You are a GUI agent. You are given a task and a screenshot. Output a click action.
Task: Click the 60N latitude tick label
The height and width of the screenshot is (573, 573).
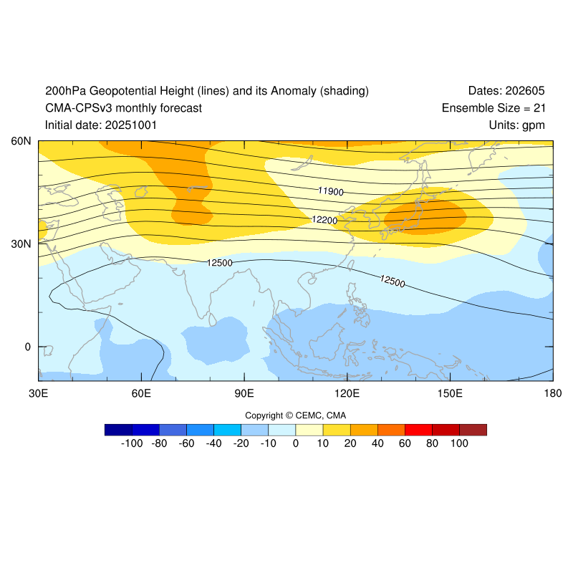[20, 141]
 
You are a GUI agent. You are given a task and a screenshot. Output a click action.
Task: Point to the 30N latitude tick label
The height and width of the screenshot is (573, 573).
[20, 244]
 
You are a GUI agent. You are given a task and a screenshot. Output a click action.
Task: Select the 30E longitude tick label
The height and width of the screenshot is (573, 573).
[38, 394]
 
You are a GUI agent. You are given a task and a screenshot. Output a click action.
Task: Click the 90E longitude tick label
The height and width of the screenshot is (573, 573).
[244, 394]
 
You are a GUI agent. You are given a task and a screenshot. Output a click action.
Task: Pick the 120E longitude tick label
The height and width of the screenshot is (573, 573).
[347, 394]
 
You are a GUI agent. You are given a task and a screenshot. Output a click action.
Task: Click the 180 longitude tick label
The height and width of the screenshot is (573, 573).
[552, 394]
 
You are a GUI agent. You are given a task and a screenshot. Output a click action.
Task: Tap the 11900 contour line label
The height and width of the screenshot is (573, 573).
[331, 192]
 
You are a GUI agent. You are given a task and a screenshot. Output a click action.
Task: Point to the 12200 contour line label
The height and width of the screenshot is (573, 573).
[324, 221]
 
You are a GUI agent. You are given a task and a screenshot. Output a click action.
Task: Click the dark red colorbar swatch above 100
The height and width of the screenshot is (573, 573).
[473, 430]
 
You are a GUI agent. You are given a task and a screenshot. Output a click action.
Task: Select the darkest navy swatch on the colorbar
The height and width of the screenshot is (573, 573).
[118, 430]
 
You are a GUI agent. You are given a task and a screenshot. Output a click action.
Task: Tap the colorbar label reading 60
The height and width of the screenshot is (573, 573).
[405, 444]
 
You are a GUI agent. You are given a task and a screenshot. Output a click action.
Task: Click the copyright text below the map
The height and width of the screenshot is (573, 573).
[296, 415]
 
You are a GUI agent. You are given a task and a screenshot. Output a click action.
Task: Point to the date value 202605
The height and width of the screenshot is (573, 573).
[525, 91]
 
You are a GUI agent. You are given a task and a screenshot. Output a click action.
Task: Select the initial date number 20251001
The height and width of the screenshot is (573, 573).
[131, 125]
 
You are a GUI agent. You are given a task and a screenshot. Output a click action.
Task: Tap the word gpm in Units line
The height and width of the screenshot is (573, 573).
[534, 125]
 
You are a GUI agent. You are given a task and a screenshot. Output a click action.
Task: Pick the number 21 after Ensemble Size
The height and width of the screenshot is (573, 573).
[539, 108]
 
